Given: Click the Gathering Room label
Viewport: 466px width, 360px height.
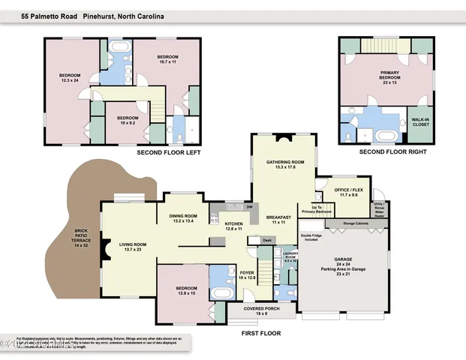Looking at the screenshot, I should (x=285, y=164).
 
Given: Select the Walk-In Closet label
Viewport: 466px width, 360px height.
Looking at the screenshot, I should (x=419, y=121).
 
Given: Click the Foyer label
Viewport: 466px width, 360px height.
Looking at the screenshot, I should (x=247, y=274).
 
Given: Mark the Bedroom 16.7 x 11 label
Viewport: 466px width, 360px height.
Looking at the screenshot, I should (x=167, y=58).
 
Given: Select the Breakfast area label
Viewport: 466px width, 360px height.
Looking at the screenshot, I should (x=280, y=220).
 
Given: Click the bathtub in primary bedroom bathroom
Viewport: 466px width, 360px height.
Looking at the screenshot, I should (x=385, y=136).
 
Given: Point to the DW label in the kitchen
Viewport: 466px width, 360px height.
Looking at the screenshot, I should (x=248, y=207).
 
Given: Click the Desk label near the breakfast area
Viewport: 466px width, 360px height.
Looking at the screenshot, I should (x=266, y=240).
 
